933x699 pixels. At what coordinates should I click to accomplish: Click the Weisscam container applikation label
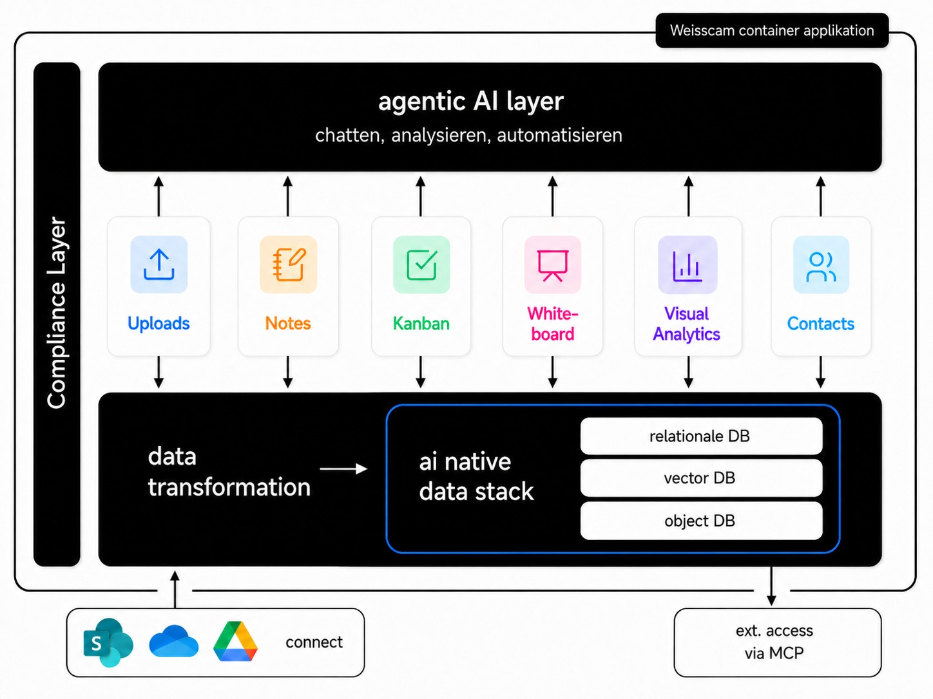click(771, 30)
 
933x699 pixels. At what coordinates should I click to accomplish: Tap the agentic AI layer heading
click(471, 101)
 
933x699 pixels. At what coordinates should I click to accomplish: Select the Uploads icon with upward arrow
click(159, 265)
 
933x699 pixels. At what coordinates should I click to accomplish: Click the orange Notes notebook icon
click(289, 265)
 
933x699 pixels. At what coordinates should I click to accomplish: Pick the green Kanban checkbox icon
click(421, 265)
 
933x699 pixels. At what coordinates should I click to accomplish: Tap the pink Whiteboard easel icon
click(553, 265)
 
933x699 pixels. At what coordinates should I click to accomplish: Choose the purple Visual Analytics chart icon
click(688, 265)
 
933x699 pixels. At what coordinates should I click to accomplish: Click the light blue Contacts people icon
click(822, 265)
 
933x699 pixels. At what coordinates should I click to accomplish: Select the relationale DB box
click(701, 436)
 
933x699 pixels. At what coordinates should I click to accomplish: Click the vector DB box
click(701, 478)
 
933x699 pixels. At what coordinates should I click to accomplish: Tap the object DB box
click(701, 521)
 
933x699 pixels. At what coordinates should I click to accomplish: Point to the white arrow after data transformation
click(343, 469)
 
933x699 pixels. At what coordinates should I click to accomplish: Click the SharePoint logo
click(108, 642)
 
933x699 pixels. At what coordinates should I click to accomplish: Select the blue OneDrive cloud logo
click(174, 641)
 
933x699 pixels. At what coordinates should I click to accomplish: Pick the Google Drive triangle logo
click(235, 641)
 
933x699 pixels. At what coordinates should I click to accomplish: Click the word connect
click(314, 642)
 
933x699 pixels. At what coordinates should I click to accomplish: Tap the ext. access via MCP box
click(778, 642)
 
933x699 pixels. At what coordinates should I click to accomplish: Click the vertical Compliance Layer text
click(57, 313)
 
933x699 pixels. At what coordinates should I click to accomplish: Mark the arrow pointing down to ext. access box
click(771, 586)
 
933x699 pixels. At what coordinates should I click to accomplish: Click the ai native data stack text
click(476, 476)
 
